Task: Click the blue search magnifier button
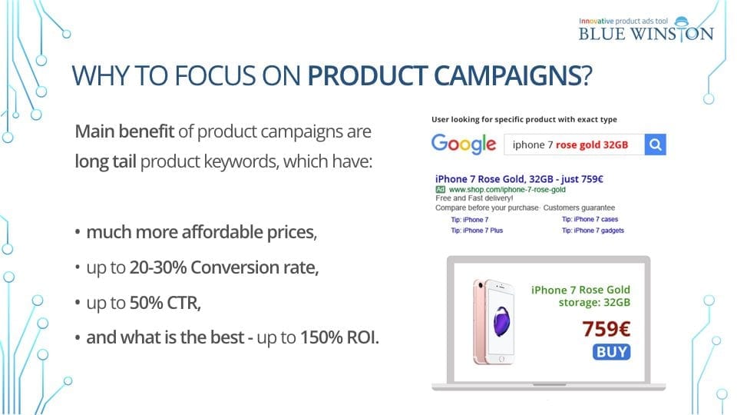(655, 144)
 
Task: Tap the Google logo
(464, 144)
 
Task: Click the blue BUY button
(612, 352)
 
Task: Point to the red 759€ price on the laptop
(606, 329)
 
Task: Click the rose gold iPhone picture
(494, 322)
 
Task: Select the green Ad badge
(440, 189)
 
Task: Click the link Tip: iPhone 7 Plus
(477, 231)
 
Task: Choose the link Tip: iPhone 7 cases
(590, 219)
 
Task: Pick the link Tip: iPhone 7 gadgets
(593, 231)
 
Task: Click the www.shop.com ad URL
(507, 190)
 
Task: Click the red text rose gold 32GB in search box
(592, 145)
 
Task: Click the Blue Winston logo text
(646, 34)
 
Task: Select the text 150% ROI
(339, 337)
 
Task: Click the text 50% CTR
(165, 303)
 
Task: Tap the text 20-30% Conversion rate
(223, 267)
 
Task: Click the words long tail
(105, 161)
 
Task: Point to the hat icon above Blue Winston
(682, 22)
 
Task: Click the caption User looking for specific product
(524, 120)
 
